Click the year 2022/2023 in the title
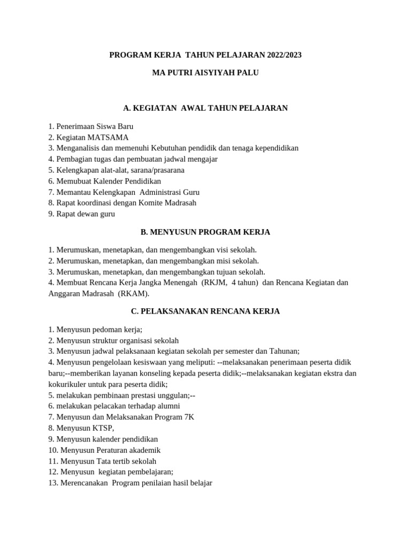tap(281, 55)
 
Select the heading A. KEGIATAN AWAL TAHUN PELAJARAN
tap(205, 108)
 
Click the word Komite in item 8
tap(152, 203)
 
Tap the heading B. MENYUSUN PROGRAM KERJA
tap(205, 232)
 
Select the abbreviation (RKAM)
tap(134, 294)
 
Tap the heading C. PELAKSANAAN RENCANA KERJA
tap(205, 311)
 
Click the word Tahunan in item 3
tap(283, 351)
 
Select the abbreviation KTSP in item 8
tap(102, 428)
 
